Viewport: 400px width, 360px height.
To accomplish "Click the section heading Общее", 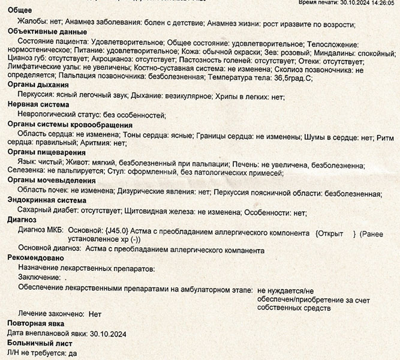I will pyautogui.click(x=20, y=13).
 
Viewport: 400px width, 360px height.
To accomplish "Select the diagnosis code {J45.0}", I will pyautogui.click(x=117, y=230).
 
